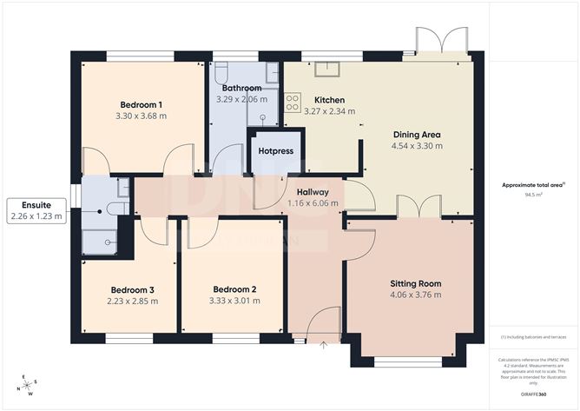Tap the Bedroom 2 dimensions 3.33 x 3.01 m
[235, 302]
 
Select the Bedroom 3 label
[132, 290]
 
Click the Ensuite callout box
[36, 210]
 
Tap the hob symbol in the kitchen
[293, 98]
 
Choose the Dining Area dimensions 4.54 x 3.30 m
[418, 146]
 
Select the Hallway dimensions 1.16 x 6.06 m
[313, 204]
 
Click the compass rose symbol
[28, 382]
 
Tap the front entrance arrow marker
[324, 346]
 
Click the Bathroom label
[241, 89]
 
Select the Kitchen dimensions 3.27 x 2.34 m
[329, 111]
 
